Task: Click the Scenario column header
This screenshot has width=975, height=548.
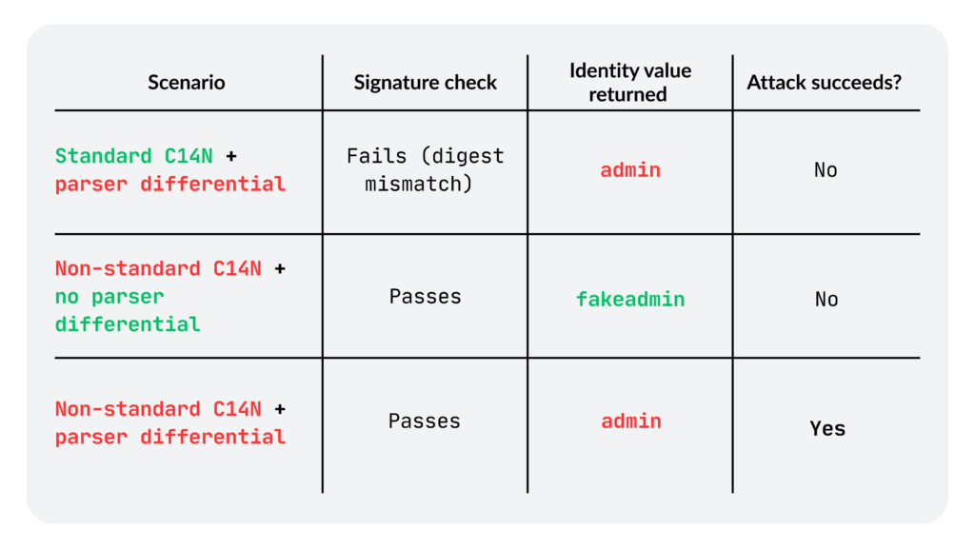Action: (x=187, y=82)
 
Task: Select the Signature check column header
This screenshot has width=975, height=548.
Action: (x=426, y=82)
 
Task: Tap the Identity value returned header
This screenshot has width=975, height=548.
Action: (x=630, y=82)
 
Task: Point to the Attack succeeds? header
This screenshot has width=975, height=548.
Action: (x=824, y=82)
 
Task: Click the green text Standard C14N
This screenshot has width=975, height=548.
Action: (x=133, y=155)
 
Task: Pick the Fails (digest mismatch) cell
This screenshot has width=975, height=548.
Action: (x=426, y=169)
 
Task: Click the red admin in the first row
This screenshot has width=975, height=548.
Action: (x=630, y=169)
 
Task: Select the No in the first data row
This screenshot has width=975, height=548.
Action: (x=826, y=169)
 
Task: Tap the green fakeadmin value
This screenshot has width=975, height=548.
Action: (x=630, y=299)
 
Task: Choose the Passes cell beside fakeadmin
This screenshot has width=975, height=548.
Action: (x=426, y=297)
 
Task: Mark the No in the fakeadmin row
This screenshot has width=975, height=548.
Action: (x=826, y=299)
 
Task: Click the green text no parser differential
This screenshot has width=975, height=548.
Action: (x=128, y=310)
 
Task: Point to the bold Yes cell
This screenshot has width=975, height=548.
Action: (x=827, y=428)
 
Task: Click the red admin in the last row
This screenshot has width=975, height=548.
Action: (x=631, y=421)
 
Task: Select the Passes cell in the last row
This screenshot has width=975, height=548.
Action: (x=425, y=421)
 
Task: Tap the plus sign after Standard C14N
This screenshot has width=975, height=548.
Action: (x=231, y=156)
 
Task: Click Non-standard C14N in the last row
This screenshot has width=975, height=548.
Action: (x=158, y=409)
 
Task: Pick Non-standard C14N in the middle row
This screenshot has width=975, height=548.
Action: (x=158, y=268)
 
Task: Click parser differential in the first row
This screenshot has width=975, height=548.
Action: (x=170, y=184)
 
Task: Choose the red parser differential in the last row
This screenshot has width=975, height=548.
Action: (x=170, y=437)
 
